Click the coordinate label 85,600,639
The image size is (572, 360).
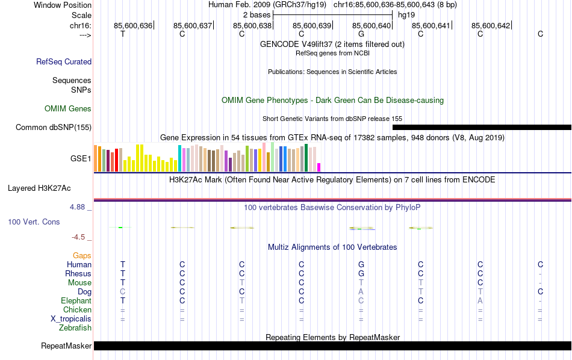[x=312, y=25]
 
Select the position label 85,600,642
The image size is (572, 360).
[x=491, y=25]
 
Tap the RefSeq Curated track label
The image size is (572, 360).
[x=64, y=61]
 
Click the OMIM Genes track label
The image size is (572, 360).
[x=68, y=109]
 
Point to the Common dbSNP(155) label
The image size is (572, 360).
[x=54, y=127]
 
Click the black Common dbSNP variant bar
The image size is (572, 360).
[x=482, y=127]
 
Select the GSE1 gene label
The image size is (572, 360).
[x=81, y=158]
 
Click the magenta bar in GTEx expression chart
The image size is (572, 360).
[x=319, y=167]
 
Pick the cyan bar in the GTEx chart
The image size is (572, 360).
[x=179, y=158]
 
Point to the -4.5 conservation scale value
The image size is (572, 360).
[x=80, y=237]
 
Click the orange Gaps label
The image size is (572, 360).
[x=82, y=255]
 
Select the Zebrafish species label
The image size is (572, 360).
[x=75, y=328]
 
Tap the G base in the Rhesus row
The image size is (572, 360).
[x=361, y=273]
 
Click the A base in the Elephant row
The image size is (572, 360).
[x=480, y=300]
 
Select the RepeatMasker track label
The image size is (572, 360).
[x=66, y=346]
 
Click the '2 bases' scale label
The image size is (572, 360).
[x=256, y=14]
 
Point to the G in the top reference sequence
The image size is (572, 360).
[x=361, y=34]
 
